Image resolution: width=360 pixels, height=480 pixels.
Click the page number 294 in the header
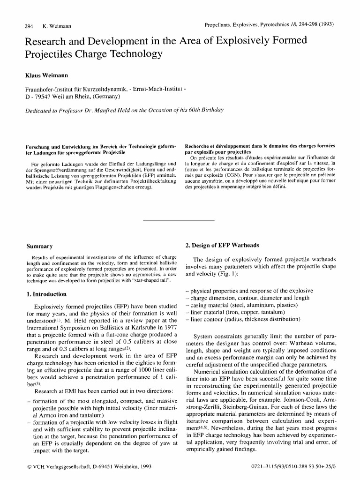(22, 24)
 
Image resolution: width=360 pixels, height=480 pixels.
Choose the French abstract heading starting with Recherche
(260, 147)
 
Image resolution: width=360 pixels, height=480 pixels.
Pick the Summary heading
(40, 247)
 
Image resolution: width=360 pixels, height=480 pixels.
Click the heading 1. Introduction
(47, 294)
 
